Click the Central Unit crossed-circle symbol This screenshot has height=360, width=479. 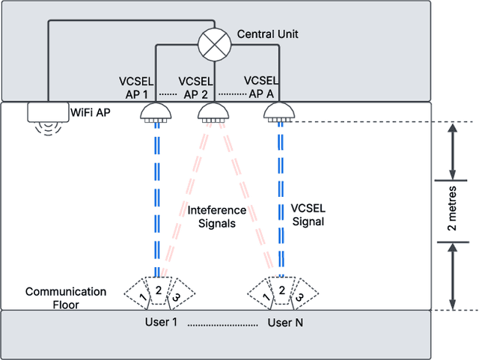214,44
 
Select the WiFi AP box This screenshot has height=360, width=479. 46,112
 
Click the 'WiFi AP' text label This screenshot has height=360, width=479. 92,113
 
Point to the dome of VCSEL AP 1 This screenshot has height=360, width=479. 156,112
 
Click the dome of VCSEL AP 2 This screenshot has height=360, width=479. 213,112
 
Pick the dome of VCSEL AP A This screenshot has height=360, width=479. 279,112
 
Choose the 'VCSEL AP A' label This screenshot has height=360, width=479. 260,87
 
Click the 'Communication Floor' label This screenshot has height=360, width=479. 66,298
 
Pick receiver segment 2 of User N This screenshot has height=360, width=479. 281,290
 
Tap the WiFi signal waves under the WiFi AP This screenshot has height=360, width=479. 46,130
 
